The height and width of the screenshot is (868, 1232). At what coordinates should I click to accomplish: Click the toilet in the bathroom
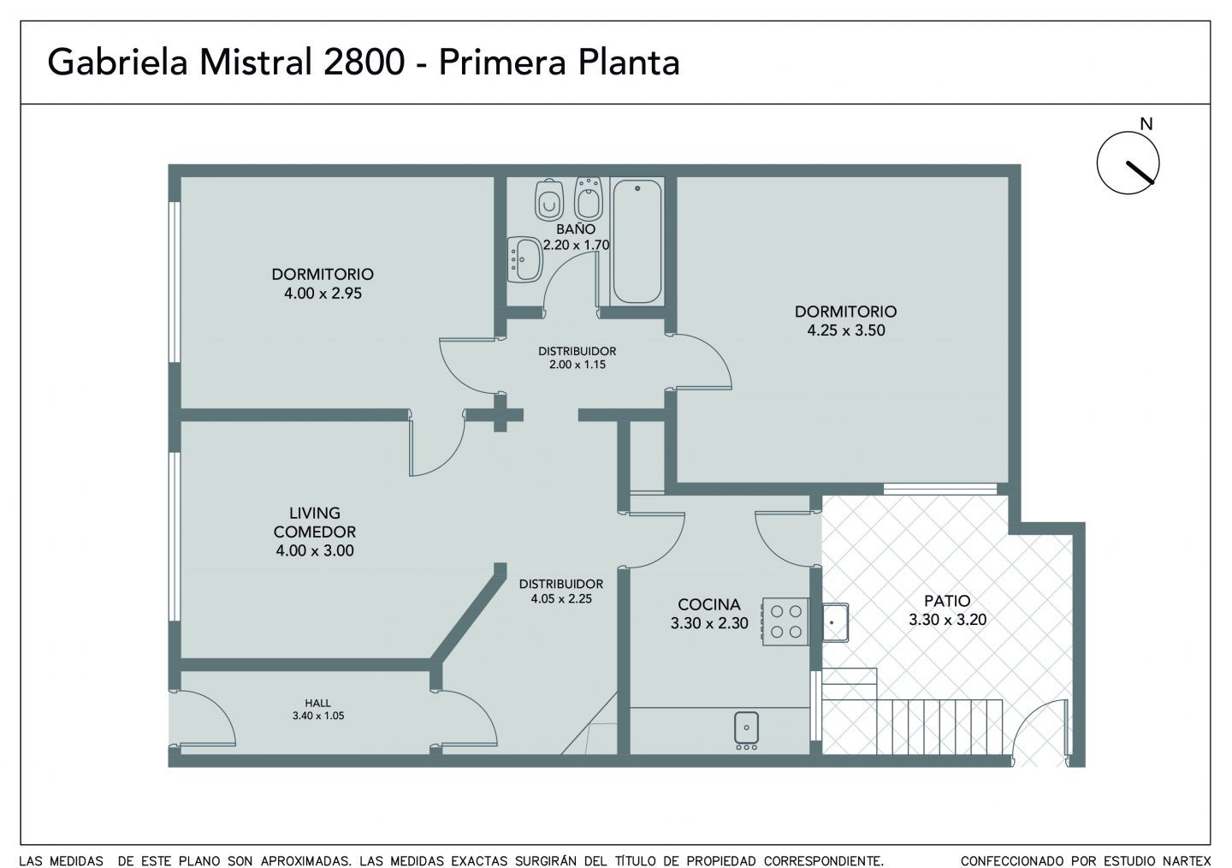548,199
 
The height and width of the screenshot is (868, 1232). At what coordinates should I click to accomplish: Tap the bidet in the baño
588,198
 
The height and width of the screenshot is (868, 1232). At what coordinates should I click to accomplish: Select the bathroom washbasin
524,259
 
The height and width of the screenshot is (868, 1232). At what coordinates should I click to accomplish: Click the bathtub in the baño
637,241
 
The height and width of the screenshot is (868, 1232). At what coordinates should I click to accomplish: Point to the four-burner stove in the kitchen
785,621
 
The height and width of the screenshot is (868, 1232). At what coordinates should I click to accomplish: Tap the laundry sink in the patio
835,622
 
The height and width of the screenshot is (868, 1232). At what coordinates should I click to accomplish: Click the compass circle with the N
1128,163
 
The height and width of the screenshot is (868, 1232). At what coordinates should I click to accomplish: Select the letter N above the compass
1146,124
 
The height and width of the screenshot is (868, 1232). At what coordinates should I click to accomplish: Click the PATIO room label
947,601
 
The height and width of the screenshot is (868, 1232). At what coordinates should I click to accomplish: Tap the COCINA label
709,604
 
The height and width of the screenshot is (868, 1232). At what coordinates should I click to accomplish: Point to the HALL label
318,703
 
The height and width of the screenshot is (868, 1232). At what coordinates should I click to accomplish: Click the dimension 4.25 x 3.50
846,330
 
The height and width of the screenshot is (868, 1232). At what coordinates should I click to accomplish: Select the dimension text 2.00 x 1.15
577,365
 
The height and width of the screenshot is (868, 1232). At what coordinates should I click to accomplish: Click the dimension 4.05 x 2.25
561,599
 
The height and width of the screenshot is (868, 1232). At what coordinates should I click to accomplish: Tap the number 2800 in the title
364,62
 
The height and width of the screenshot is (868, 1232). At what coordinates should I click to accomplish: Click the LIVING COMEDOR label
315,522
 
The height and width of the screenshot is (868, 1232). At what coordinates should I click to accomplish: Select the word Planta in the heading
629,62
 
